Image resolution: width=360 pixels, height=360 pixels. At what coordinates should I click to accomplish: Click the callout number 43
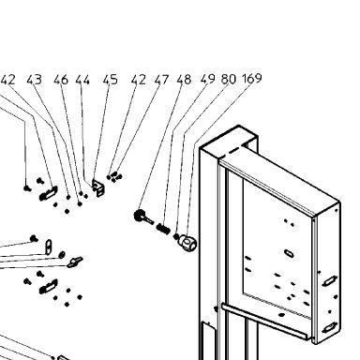[x=34, y=80]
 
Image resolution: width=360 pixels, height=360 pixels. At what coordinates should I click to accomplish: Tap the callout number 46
[x=61, y=80]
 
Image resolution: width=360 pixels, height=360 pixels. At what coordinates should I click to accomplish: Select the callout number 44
[x=82, y=80]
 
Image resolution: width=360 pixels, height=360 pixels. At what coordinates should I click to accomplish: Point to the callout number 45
[x=111, y=80]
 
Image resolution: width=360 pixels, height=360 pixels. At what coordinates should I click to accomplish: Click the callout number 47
[x=161, y=80]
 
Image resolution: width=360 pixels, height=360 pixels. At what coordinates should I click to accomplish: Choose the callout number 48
[x=184, y=80]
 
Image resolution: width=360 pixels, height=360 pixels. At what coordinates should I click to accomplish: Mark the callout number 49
[x=208, y=79]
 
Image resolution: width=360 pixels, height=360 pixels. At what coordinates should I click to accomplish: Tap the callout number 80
[x=229, y=79]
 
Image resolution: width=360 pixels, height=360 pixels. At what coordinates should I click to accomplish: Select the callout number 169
[x=252, y=78]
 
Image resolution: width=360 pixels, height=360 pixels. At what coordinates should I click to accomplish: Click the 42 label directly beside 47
[x=139, y=80]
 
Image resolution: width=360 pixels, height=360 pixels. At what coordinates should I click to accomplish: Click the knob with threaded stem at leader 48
[x=143, y=217]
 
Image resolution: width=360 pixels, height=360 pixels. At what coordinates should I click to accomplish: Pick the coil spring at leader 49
[x=163, y=229]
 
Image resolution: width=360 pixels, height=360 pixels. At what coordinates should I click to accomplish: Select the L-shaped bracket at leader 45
[x=98, y=187]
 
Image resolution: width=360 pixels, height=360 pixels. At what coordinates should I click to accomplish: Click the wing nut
[x=75, y=262]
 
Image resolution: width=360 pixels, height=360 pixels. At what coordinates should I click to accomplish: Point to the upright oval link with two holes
[x=49, y=247]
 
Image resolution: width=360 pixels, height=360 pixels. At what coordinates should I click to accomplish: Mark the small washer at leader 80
[x=176, y=236]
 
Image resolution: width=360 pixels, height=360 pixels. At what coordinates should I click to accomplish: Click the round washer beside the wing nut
[x=62, y=254]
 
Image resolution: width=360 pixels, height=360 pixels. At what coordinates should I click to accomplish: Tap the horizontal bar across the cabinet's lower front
[x=265, y=322]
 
